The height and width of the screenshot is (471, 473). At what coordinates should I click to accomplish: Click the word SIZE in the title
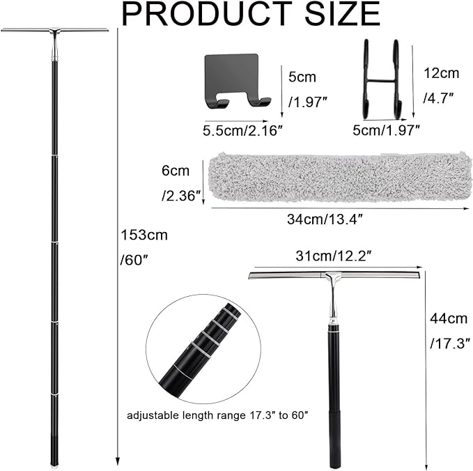pyautogui.click(x=342, y=13)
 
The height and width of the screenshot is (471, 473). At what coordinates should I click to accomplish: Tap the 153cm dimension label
pyautogui.click(x=144, y=235)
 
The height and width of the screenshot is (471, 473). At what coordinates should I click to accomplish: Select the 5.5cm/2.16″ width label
pyautogui.click(x=243, y=131)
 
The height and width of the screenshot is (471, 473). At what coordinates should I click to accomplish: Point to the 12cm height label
pyautogui.click(x=442, y=73)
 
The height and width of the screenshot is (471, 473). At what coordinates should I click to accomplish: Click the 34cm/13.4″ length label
pyautogui.click(x=325, y=219)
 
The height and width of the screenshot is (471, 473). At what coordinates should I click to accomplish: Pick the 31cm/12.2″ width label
pyautogui.click(x=333, y=256)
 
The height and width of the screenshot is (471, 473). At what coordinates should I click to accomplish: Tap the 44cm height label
pyautogui.click(x=449, y=318)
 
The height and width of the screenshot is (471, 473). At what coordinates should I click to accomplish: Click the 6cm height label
pyautogui.click(x=176, y=171)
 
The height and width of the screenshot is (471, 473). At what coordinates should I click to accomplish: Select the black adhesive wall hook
pyautogui.click(x=235, y=81)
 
